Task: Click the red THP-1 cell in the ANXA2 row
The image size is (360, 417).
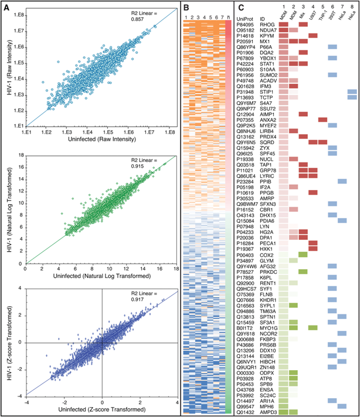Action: coord(322,120)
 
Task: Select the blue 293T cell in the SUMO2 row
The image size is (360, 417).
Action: coord(332,75)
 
